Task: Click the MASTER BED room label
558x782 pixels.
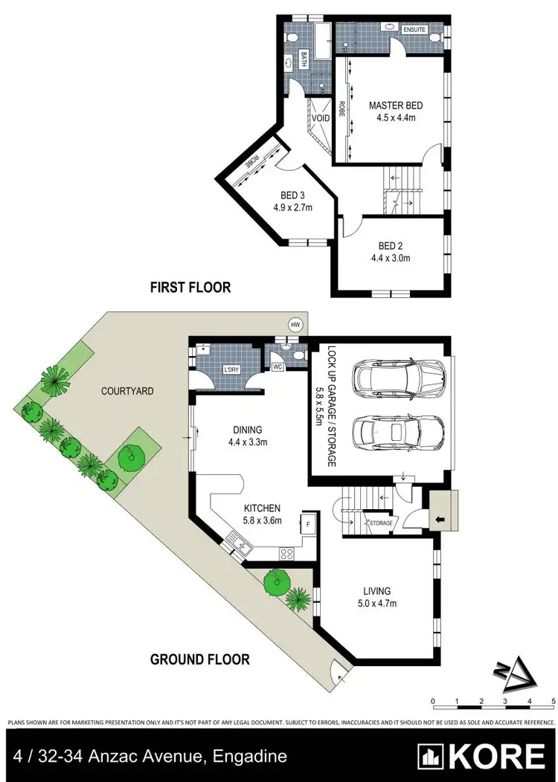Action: pyautogui.click(x=396, y=106)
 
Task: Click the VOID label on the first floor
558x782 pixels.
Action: pyautogui.click(x=320, y=118)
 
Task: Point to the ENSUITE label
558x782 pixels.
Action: pyautogui.click(x=414, y=29)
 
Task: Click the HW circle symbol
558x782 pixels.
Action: pyautogui.click(x=296, y=325)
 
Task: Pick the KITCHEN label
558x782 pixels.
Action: pyautogui.click(x=263, y=508)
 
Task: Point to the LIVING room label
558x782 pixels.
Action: pyautogui.click(x=377, y=591)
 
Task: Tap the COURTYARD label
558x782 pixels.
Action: pyautogui.click(x=127, y=390)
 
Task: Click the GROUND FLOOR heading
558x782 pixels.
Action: pyautogui.click(x=199, y=659)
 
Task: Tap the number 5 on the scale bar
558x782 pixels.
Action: pyautogui.click(x=554, y=701)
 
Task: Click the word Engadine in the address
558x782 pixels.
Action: pyautogui.click(x=249, y=757)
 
